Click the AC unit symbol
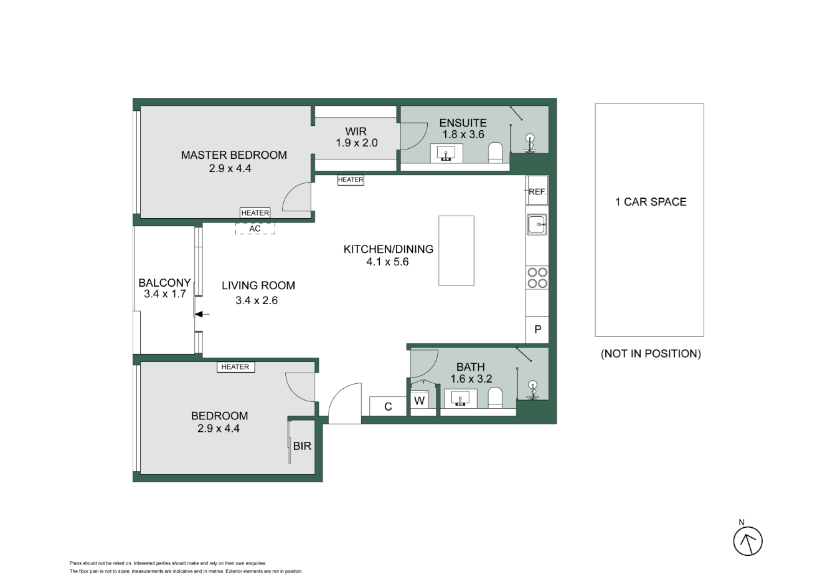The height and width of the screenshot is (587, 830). pyautogui.click(x=255, y=229)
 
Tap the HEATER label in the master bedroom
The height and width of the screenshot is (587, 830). pyautogui.click(x=255, y=213)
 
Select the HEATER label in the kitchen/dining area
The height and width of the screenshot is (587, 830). pyautogui.click(x=351, y=180)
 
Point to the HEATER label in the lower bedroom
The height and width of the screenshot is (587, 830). pyautogui.click(x=235, y=367)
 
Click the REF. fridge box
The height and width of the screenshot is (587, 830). pyautogui.click(x=537, y=191)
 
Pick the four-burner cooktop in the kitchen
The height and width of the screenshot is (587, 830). pyautogui.click(x=537, y=277)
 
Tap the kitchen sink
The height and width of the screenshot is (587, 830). pyautogui.click(x=537, y=224)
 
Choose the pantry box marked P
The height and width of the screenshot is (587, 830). pyautogui.click(x=537, y=330)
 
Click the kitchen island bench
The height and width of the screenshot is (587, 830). pyautogui.click(x=456, y=251)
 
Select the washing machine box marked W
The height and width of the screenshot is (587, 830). pyautogui.click(x=420, y=401)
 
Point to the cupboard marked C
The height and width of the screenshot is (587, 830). pyautogui.click(x=388, y=406)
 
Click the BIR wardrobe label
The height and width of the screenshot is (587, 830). pyautogui.click(x=302, y=446)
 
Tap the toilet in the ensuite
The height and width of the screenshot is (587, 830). pyautogui.click(x=495, y=152)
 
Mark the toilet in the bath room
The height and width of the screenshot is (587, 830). pyautogui.click(x=495, y=397)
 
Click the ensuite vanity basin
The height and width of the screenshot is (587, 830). pyautogui.click(x=446, y=153)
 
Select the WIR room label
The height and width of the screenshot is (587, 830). pyautogui.click(x=356, y=131)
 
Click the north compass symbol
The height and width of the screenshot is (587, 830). pyautogui.click(x=747, y=541)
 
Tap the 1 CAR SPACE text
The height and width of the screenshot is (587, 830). pyautogui.click(x=651, y=202)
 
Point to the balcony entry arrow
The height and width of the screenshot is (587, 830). pyautogui.click(x=202, y=314)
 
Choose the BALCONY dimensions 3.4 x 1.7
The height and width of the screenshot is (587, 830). pyautogui.click(x=165, y=294)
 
